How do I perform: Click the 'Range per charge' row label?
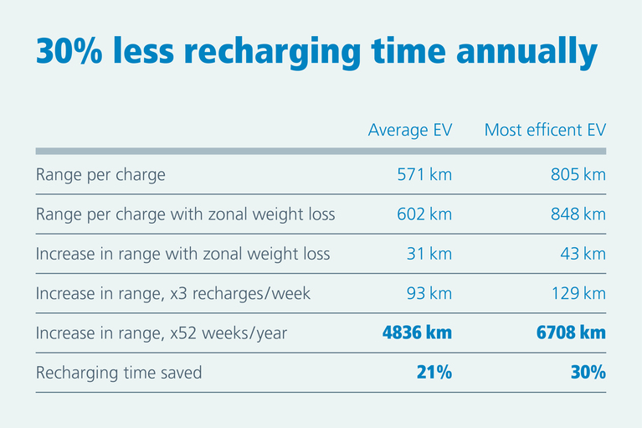tap(100, 175)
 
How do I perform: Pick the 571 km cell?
tap(424, 175)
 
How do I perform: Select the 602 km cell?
tap(424, 214)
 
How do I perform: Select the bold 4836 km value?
tap(417, 333)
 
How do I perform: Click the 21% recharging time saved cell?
tap(434, 373)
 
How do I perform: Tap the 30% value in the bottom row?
tap(588, 373)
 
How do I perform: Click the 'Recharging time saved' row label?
tap(119, 373)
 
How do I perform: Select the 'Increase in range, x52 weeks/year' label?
tap(162, 333)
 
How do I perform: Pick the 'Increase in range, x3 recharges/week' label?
tap(173, 293)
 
